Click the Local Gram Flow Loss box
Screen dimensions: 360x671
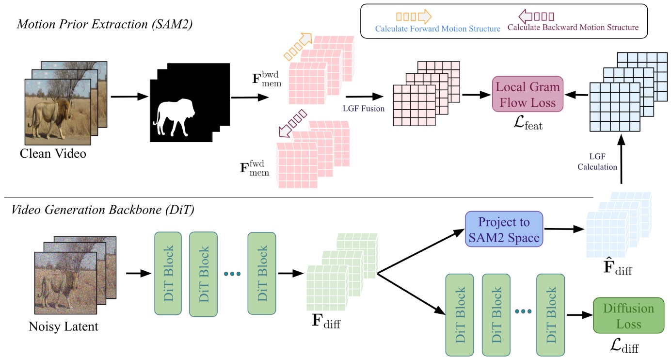(527, 94)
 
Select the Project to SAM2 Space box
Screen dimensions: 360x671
(504, 230)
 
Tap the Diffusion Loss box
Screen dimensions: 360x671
(628, 315)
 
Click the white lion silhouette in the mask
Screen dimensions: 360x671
(175, 117)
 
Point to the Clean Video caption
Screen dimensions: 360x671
(53, 154)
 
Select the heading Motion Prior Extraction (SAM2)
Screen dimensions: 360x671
(105, 24)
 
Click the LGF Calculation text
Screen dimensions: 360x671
(596, 162)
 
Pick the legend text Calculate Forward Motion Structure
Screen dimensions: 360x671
(438, 29)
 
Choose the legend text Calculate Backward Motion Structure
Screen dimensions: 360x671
(573, 28)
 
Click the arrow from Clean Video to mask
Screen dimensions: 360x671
(129, 97)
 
